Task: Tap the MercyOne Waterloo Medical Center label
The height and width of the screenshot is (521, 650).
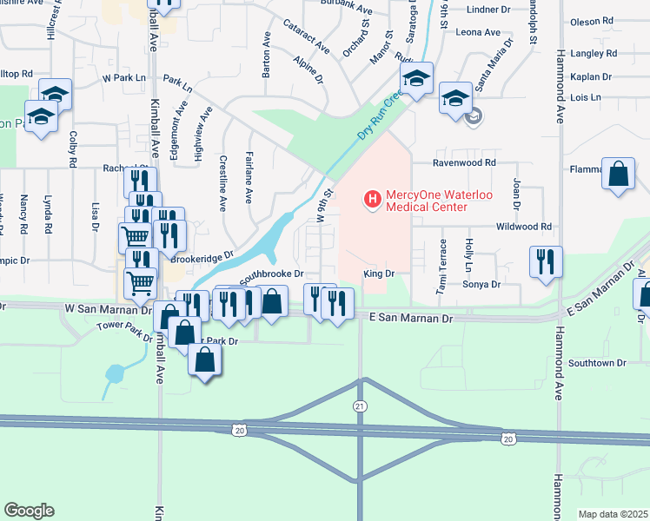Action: [x=428, y=201]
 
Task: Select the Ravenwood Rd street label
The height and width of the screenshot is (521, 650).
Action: [x=465, y=162]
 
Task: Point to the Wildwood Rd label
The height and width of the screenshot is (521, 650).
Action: [x=524, y=227]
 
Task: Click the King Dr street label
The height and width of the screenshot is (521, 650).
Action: [x=379, y=273]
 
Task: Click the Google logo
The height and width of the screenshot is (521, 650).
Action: [x=29, y=510]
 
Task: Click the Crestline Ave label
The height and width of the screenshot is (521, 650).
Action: [x=223, y=183]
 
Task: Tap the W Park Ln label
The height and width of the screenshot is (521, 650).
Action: [x=123, y=77]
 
